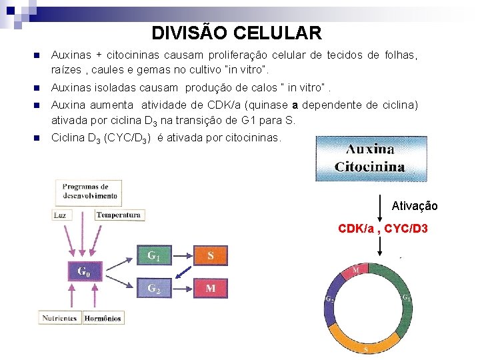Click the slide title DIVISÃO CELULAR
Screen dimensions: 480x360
click(237, 33)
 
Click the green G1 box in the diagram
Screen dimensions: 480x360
click(153, 255)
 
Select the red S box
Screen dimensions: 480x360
click(211, 255)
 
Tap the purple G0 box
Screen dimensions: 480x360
click(84, 271)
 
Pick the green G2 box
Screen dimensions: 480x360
click(153, 288)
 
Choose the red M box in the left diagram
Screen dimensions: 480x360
click(211, 288)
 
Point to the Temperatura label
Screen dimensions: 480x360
click(119, 215)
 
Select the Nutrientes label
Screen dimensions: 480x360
click(60, 318)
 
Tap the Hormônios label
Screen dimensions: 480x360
click(103, 318)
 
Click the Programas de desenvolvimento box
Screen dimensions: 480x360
click(87, 191)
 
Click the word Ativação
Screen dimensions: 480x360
click(415, 206)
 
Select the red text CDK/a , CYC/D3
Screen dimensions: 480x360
click(383, 229)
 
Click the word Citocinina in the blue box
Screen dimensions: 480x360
click(370, 167)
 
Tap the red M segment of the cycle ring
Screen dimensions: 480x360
click(357, 270)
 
